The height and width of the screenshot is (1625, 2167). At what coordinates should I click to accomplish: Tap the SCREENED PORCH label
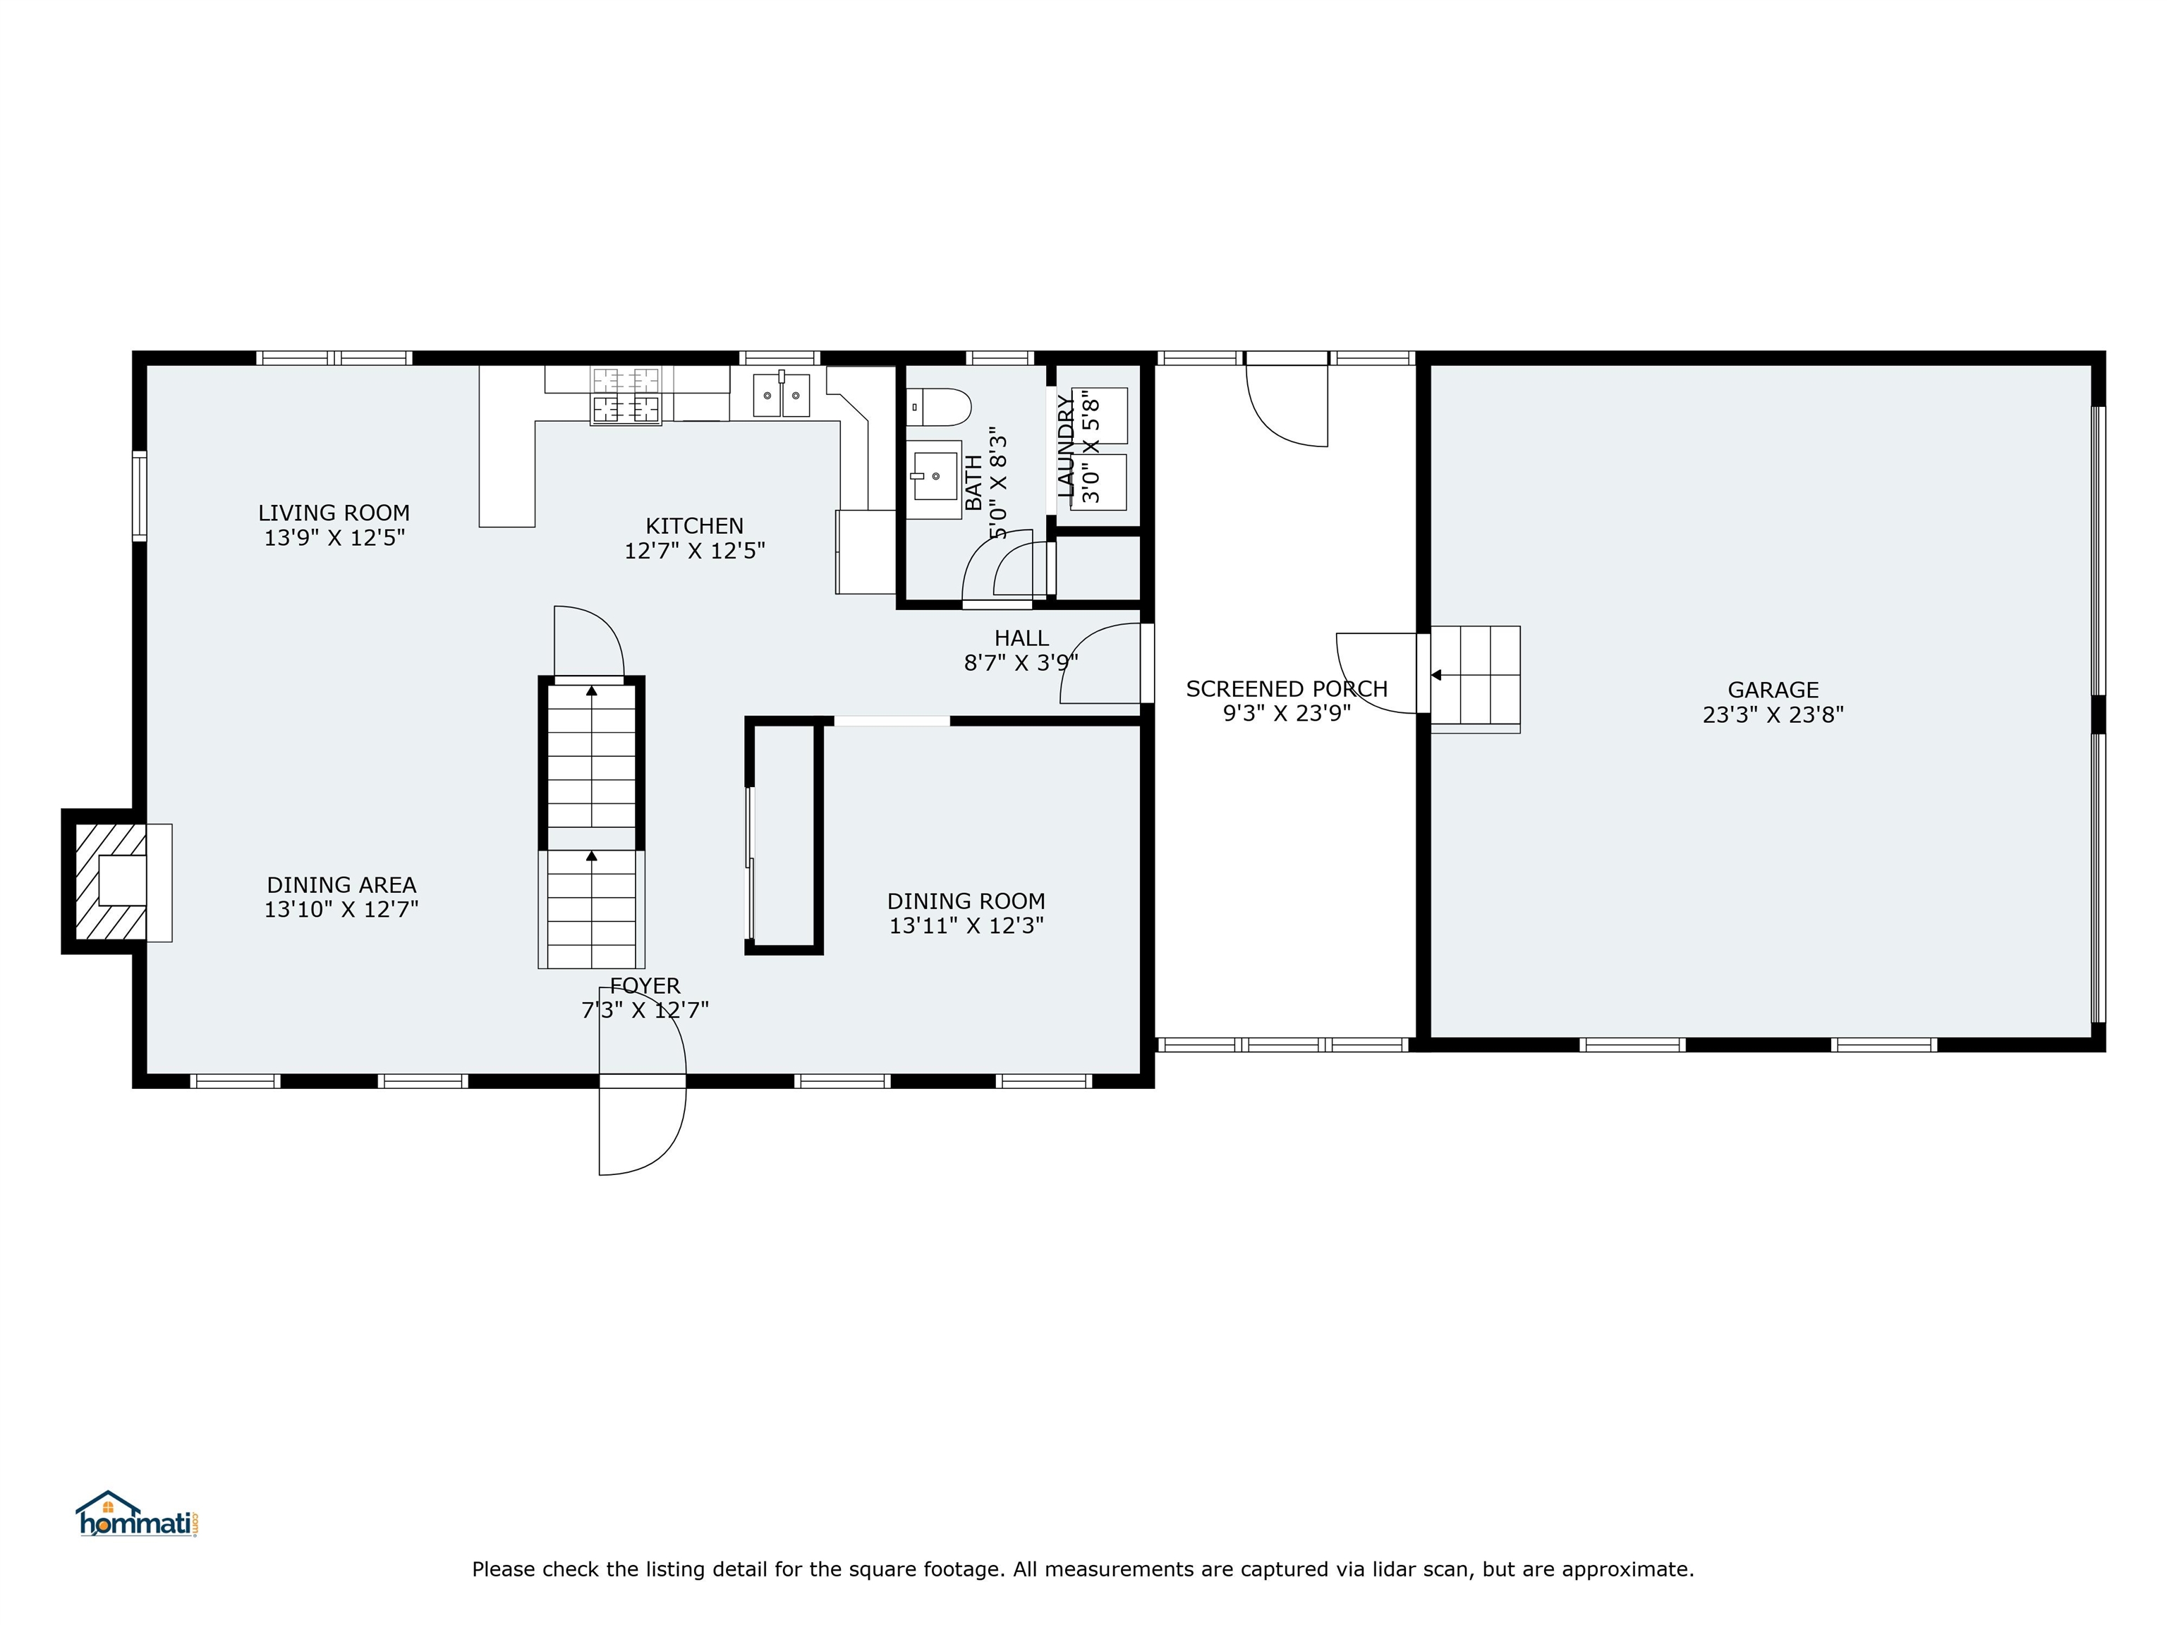coord(1286,688)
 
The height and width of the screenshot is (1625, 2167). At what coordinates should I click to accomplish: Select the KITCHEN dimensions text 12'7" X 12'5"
coord(695,550)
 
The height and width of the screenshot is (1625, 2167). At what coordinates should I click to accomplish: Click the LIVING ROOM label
coord(334,512)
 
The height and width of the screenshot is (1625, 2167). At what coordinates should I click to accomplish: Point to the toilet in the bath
coord(937,406)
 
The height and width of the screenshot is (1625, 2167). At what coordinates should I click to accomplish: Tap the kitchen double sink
coord(781,395)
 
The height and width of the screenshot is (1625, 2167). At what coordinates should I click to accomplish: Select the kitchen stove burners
coord(625,395)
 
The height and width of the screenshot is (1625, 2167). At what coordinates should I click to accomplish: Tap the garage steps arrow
coord(1436,675)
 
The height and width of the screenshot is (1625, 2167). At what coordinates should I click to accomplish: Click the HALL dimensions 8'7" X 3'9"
coord(1021,663)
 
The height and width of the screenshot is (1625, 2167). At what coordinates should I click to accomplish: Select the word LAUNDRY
coord(1066,446)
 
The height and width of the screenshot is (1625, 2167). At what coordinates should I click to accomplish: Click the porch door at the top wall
coord(1286,401)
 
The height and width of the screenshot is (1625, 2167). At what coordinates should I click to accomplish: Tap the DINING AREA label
coord(341,884)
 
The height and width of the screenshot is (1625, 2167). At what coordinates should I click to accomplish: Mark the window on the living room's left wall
coord(139,496)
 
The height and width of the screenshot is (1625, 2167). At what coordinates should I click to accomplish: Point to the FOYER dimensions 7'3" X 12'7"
coord(645,1010)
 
